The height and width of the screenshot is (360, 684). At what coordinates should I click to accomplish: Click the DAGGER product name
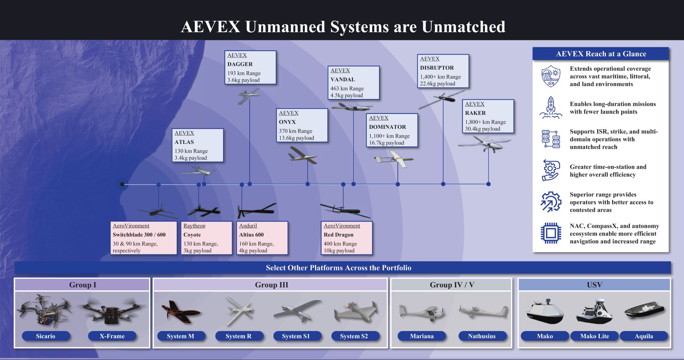coord(240,64)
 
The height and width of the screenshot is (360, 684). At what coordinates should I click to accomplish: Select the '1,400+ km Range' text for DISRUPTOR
coord(440,77)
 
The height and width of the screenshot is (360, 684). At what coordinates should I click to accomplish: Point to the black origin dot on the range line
coord(122,184)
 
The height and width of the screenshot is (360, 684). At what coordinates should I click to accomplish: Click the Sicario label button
coord(46,336)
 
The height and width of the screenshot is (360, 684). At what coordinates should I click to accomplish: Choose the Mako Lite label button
coord(594,336)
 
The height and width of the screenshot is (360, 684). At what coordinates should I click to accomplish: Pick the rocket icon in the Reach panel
coord(550,107)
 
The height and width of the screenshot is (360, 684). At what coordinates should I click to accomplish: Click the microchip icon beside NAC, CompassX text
coord(550,233)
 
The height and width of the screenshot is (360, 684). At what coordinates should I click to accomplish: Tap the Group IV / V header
coord(452,285)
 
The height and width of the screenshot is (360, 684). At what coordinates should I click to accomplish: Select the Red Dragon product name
coord(338,235)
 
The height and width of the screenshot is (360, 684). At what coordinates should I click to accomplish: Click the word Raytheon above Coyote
coord(194,226)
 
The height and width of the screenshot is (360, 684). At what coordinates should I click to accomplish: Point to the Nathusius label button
coord(482,336)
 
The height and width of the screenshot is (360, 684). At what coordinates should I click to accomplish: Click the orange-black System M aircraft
coord(179,311)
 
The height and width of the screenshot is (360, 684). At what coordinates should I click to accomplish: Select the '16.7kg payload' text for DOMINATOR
coord(386,143)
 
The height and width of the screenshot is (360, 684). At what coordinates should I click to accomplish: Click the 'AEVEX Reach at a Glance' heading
coord(601,54)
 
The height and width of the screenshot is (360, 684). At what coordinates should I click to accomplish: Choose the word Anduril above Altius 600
coord(248,226)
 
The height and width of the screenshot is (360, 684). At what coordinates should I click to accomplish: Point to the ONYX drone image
coord(302,156)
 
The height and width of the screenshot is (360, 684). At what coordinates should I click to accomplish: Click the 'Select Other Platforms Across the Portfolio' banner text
coord(338,268)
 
